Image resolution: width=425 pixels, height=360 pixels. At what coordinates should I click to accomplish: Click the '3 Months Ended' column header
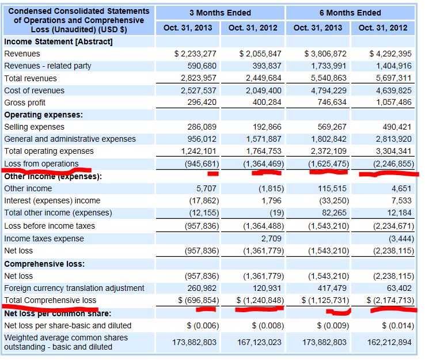[x=221, y=12]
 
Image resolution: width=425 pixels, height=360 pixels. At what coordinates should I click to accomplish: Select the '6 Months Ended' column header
[x=350, y=12]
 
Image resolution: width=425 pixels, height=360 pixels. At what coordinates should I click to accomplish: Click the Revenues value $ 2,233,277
[x=196, y=54]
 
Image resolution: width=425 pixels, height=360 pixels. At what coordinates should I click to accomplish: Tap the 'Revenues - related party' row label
[x=48, y=66]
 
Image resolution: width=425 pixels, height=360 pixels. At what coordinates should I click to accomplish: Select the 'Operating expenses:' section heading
[x=43, y=115]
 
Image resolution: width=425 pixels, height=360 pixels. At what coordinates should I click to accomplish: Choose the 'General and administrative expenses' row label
[x=70, y=139]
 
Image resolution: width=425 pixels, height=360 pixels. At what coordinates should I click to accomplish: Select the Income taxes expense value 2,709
[x=270, y=238]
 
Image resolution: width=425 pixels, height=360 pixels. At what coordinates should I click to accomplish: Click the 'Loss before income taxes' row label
[x=50, y=226]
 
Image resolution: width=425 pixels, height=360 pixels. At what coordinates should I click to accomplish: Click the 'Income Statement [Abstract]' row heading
[x=58, y=41]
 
